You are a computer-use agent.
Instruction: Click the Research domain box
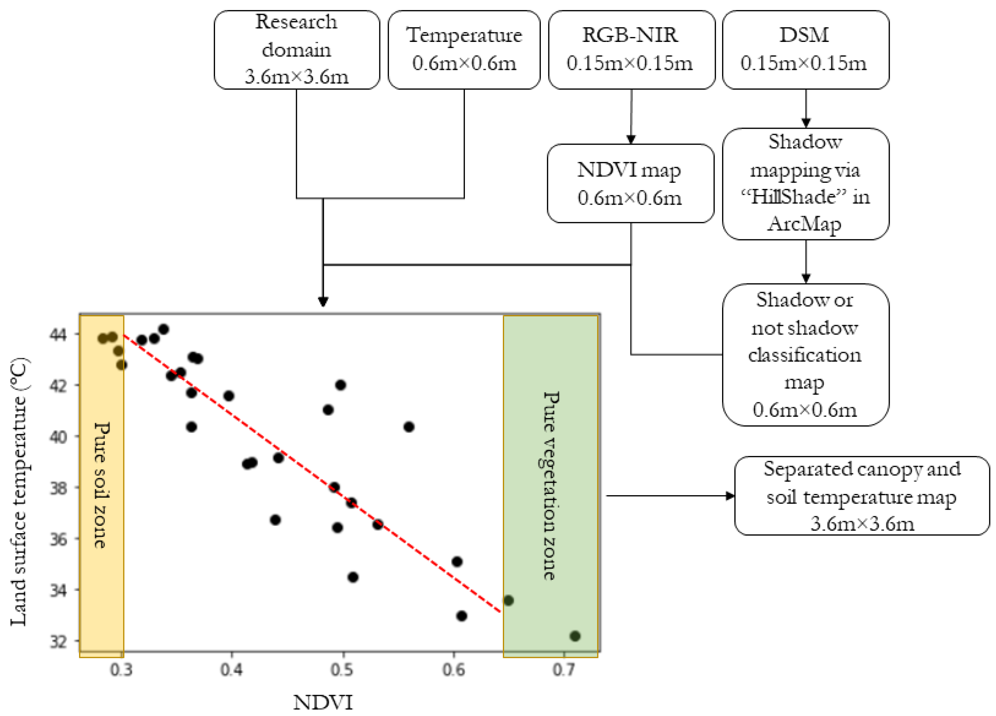[x=297, y=50]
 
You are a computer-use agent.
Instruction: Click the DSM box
[x=805, y=50]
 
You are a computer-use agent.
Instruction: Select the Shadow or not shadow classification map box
[x=805, y=355]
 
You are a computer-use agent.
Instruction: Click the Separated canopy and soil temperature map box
[x=861, y=496]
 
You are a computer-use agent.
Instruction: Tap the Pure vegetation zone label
[x=550, y=485]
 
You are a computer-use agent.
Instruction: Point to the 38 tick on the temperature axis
[x=58, y=488]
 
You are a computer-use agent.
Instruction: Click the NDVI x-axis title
[x=323, y=702]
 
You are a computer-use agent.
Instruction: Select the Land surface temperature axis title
[x=19, y=492]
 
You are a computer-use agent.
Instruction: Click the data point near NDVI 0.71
[x=575, y=635]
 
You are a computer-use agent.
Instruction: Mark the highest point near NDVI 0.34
[x=163, y=329]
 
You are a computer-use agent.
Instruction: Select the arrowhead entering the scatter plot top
[x=323, y=302]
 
